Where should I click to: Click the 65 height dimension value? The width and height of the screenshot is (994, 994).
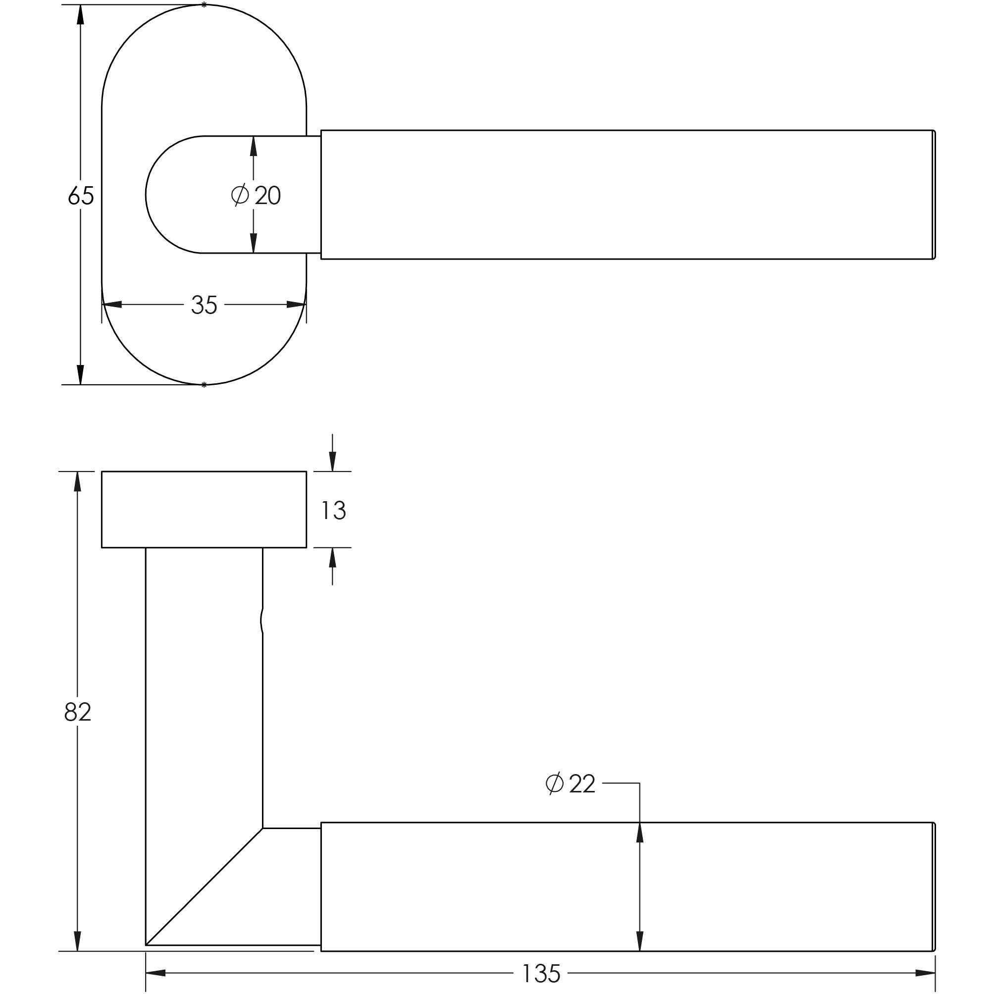[81, 195]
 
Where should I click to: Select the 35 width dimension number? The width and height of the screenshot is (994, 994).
[204, 305]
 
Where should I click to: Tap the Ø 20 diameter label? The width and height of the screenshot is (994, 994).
[256, 195]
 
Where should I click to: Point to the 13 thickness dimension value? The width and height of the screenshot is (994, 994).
[333, 511]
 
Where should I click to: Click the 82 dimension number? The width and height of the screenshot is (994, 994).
[78, 712]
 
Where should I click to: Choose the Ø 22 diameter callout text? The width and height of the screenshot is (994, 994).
[570, 783]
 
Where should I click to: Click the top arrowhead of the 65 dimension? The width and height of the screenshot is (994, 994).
[80, 14]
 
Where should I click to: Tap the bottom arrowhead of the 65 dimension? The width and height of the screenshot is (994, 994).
[80, 374]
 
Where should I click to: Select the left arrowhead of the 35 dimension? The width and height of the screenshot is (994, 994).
[111, 305]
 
